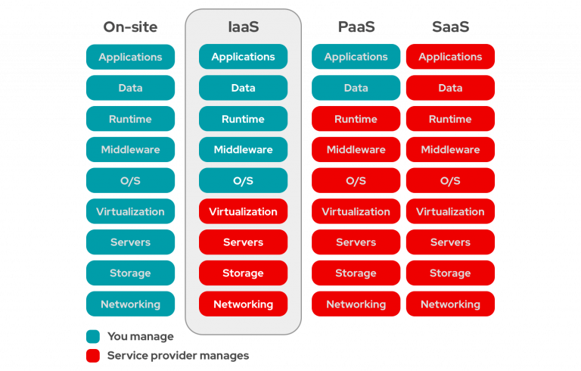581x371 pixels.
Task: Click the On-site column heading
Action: coord(130,27)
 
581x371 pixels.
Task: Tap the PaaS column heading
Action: coord(356,27)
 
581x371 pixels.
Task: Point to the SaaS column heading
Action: coord(450,27)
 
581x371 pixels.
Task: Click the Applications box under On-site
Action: coord(130,57)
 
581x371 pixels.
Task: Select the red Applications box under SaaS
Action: coord(450,57)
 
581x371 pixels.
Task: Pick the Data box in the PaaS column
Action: coord(356,88)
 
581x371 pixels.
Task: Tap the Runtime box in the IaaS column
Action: coord(243,119)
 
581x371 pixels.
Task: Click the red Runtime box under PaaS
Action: coord(356,119)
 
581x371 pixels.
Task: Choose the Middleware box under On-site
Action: coord(130,150)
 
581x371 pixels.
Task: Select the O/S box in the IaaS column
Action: coord(243,181)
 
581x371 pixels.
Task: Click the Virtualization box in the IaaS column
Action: coord(243,211)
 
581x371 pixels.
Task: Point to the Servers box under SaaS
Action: coord(450,242)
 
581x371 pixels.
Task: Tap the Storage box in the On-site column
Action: coord(130,273)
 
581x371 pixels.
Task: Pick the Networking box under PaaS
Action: coord(356,304)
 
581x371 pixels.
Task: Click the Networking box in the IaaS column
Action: coord(243,304)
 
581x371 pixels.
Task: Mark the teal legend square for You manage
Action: coord(92,337)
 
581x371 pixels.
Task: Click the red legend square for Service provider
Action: coord(92,355)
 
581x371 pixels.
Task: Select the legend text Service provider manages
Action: coord(178,355)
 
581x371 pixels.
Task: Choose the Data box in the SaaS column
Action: coord(450,88)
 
